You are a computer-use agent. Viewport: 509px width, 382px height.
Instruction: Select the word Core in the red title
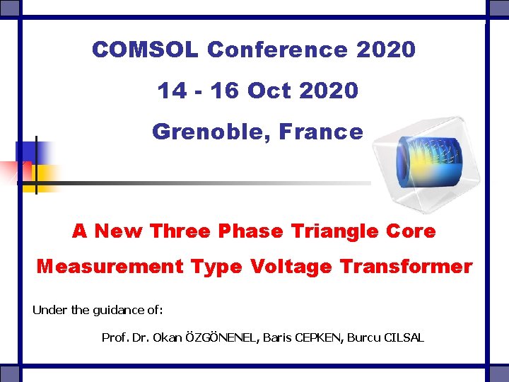point(409,231)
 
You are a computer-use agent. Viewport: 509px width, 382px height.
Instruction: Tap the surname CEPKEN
point(315,337)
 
